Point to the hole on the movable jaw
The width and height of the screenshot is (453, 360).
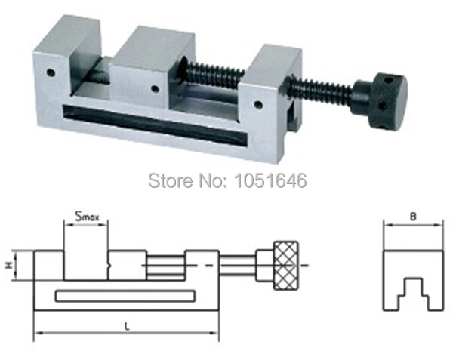click(155, 89)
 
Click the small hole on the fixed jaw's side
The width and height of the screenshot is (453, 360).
click(51, 74)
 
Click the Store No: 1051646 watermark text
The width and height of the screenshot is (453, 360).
click(226, 180)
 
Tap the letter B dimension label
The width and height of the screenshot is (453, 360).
click(412, 216)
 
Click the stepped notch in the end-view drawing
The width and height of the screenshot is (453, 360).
click(412, 289)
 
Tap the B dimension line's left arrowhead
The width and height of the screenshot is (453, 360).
click(387, 224)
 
